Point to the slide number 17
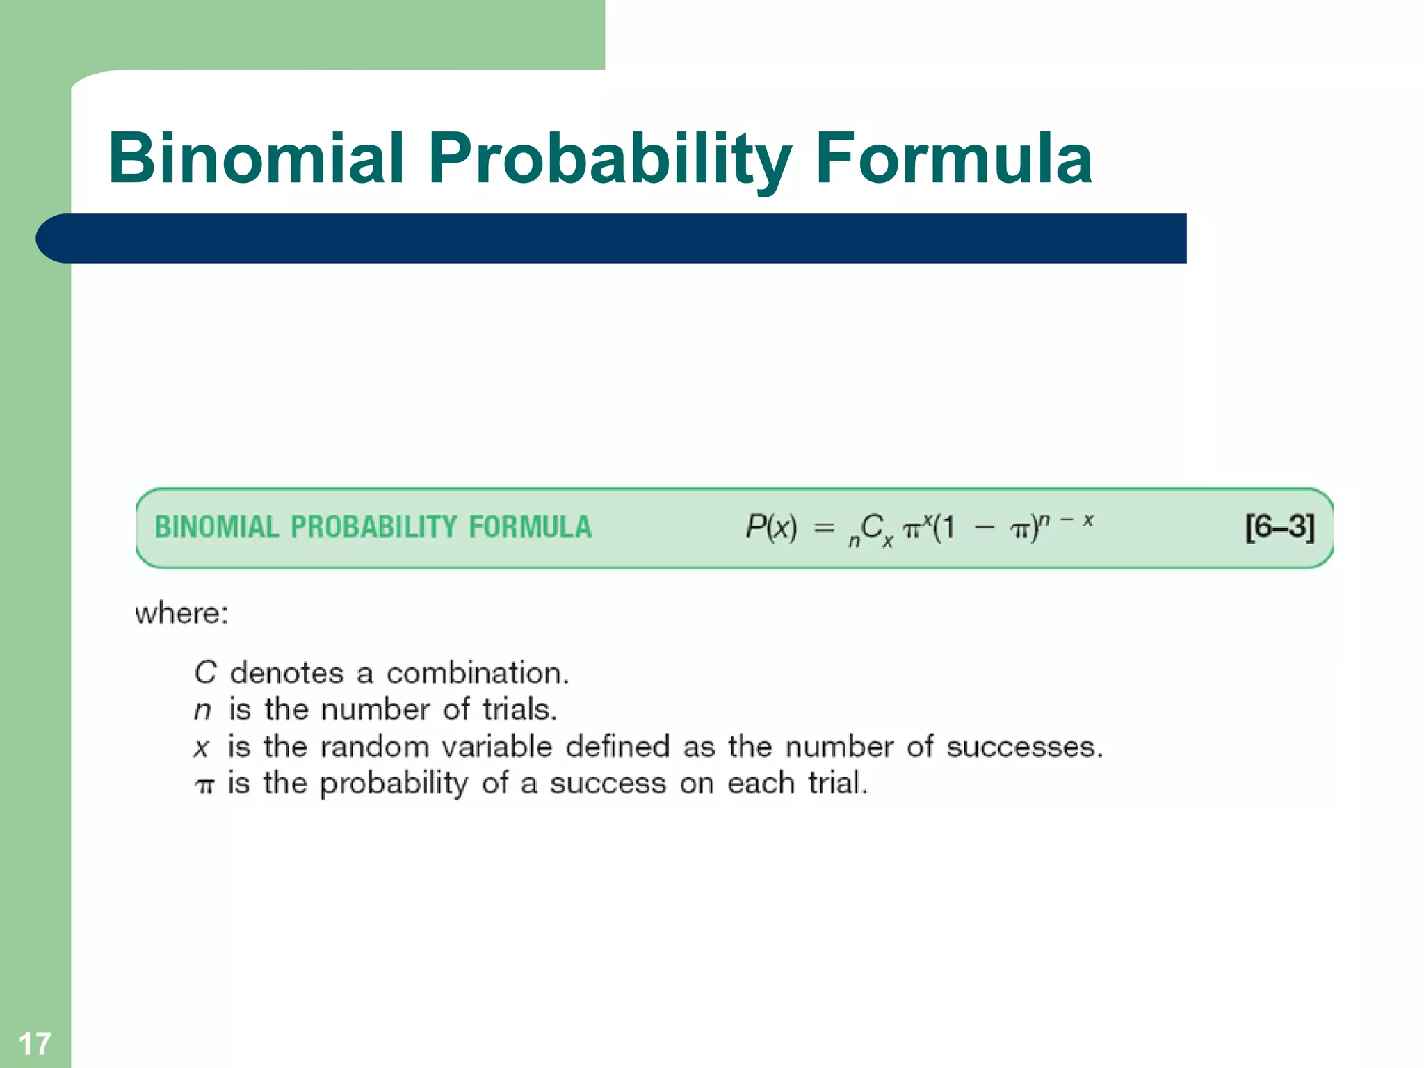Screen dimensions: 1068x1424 click(35, 1043)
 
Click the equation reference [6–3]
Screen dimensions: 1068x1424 click(1279, 527)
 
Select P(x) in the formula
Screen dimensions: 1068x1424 click(771, 527)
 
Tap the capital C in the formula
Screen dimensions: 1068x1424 click(871, 527)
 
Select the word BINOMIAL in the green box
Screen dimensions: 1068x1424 click(216, 527)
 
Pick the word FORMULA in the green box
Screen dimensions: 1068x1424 click(530, 527)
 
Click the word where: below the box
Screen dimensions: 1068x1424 click(181, 614)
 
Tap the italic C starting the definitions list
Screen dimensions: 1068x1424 click(205, 673)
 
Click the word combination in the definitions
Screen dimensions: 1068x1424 click(478, 673)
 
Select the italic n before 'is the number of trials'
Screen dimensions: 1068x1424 click(202, 710)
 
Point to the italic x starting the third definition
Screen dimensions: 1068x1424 click(202, 747)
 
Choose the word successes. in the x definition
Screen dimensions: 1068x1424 click(1024, 747)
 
